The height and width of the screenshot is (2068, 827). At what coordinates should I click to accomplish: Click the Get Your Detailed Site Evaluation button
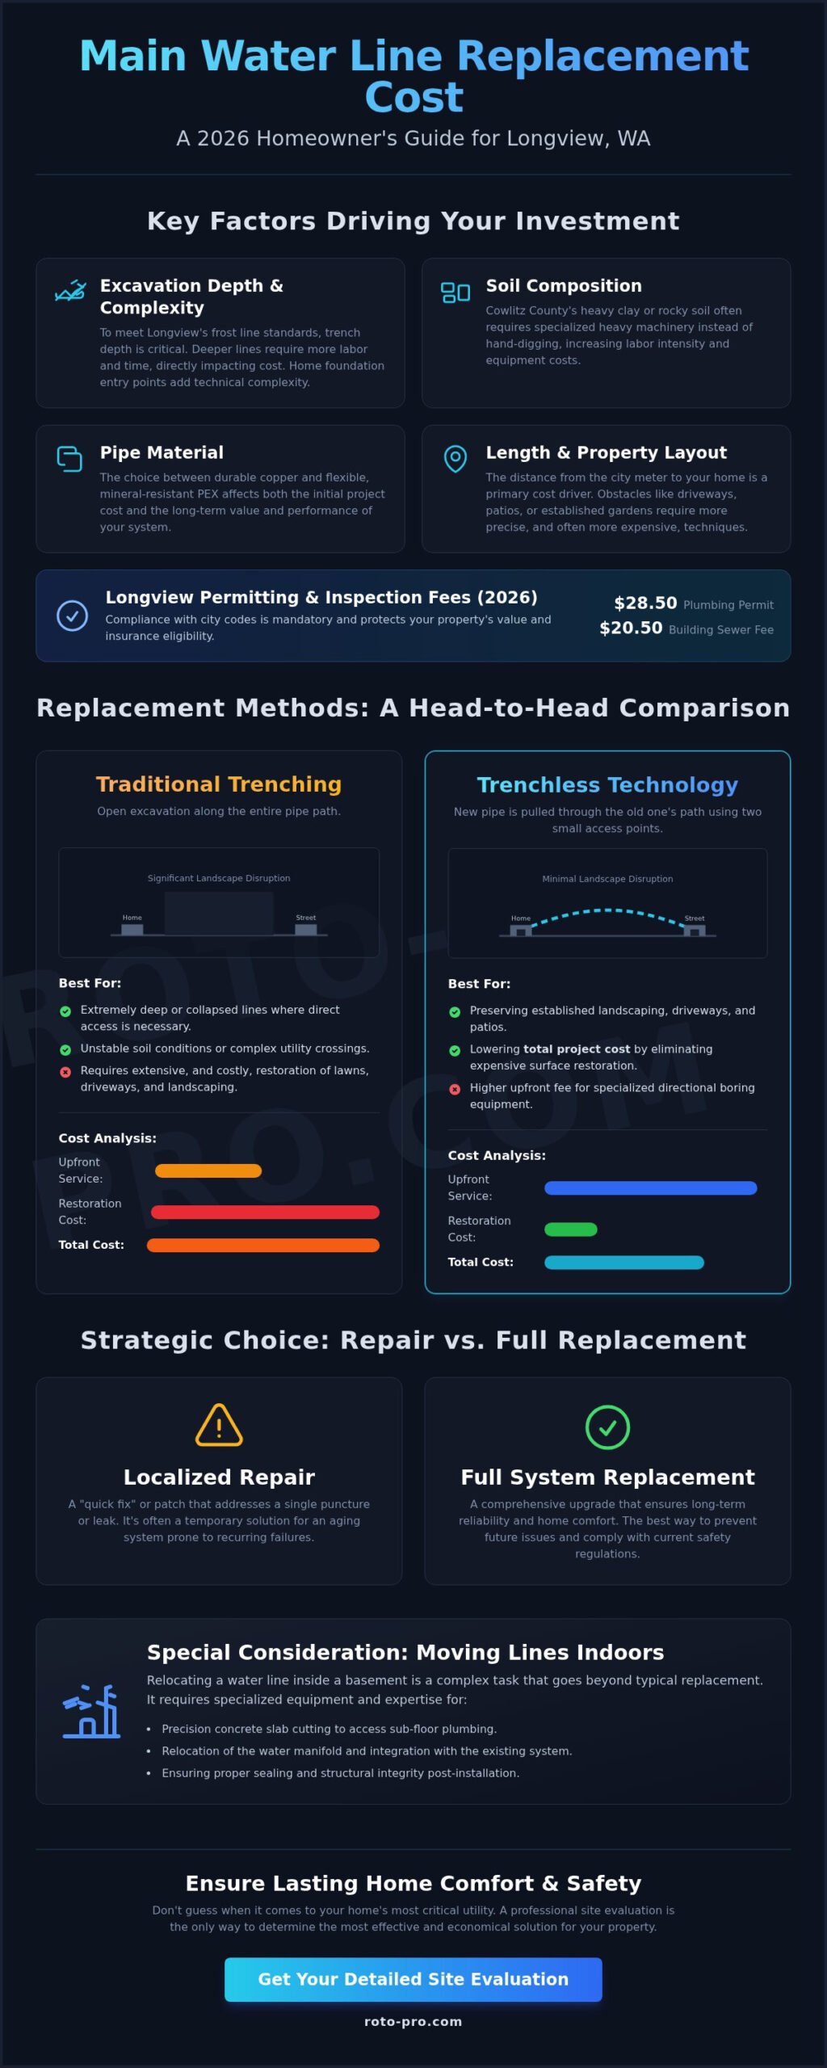pyautogui.click(x=413, y=1979)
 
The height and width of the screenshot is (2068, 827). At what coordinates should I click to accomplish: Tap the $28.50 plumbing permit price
pyautogui.click(x=645, y=603)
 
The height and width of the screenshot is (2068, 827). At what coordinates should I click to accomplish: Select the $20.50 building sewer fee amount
pyautogui.click(x=631, y=628)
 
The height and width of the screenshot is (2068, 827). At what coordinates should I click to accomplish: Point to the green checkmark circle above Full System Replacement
pyautogui.click(x=607, y=1427)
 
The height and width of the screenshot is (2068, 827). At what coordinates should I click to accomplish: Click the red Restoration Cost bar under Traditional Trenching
pyautogui.click(x=265, y=1212)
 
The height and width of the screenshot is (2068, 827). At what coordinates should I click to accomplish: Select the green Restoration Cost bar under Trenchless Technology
pyautogui.click(x=571, y=1229)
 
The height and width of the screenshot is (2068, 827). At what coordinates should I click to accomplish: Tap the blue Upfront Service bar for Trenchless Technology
pyautogui.click(x=651, y=1188)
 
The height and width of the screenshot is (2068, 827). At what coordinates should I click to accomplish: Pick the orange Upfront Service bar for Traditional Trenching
pyautogui.click(x=208, y=1171)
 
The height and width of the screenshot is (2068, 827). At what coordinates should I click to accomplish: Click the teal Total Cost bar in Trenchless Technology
pyautogui.click(x=624, y=1263)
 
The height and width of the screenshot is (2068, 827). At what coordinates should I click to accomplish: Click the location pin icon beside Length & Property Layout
pyautogui.click(x=455, y=459)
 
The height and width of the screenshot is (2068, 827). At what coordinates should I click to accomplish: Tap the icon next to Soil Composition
pyautogui.click(x=455, y=292)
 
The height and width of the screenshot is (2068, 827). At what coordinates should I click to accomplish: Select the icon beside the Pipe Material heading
pyautogui.click(x=69, y=459)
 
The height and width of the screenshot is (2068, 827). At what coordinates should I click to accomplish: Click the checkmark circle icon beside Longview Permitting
pyautogui.click(x=72, y=616)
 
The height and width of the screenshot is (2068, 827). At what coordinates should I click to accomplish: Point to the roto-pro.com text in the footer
pyautogui.click(x=413, y=2021)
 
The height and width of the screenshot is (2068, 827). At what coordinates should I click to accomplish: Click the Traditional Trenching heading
pyautogui.click(x=219, y=784)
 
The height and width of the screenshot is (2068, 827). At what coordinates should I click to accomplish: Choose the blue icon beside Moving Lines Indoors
pyautogui.click(x=90, y=1710)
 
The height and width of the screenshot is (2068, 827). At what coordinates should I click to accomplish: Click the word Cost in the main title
pyautogui.click(x=413, y=98)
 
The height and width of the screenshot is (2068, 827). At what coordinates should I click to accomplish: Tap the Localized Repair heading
pyautogui.click(x=219, y=1477)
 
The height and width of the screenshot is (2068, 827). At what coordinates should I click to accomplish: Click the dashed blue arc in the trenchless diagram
pyautogui.click(x=607, y=910)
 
